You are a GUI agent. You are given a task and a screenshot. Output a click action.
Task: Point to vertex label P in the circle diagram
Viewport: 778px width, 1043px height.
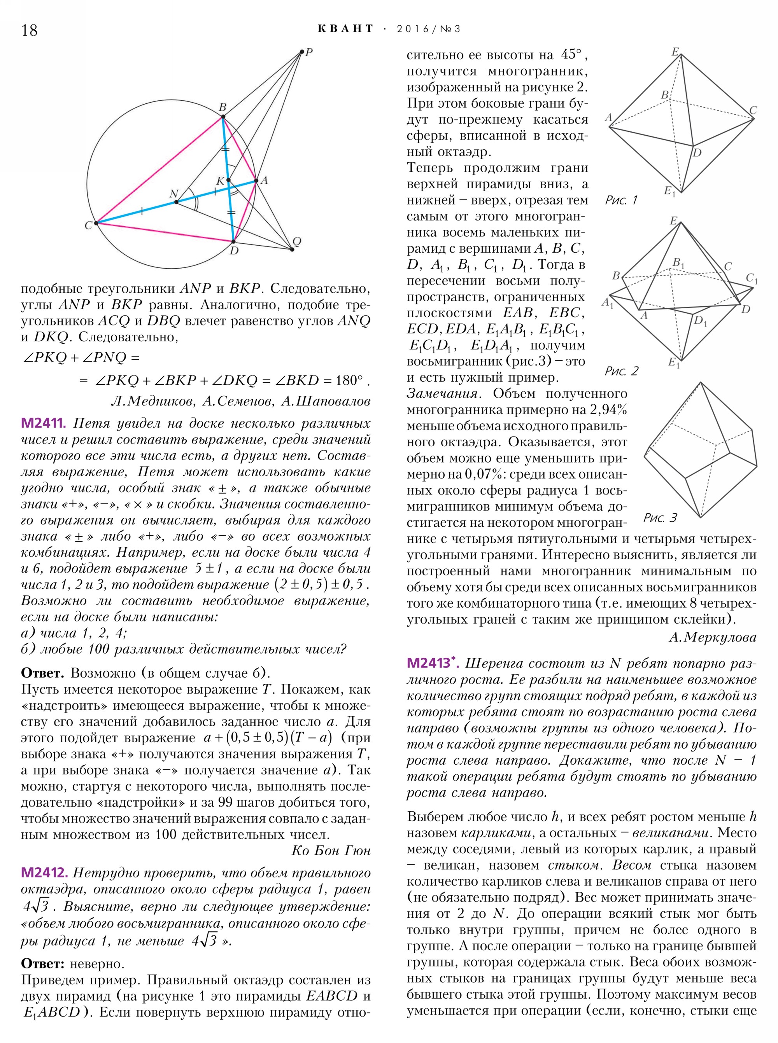pos(309,52)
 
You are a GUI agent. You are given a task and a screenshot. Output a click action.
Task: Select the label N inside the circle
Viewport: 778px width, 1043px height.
pos(174,194)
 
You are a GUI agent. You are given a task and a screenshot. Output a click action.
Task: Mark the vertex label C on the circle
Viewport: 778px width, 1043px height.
pos(88,225)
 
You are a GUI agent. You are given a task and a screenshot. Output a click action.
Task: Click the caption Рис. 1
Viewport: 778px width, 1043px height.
pos(621,201)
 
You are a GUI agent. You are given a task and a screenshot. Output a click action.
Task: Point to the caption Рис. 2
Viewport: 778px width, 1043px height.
pos(621,371)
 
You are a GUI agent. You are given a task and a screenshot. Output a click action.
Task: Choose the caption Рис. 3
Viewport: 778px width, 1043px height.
pos(660,518)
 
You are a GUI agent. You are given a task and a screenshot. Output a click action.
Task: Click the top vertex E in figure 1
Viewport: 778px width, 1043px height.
pos(675,51)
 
